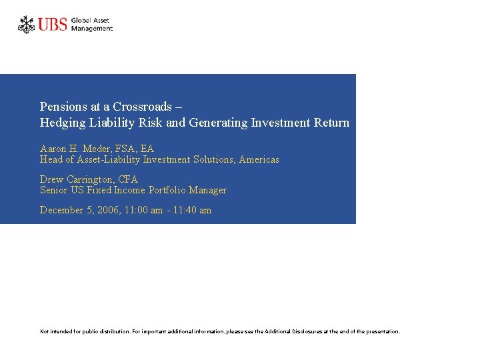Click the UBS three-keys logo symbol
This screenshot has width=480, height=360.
[27, 25]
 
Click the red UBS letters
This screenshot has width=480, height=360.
[53, 25]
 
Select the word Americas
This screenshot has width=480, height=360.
[259, 159]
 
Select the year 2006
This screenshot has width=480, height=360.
[108, 210]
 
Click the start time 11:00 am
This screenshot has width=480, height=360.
[143, 210]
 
